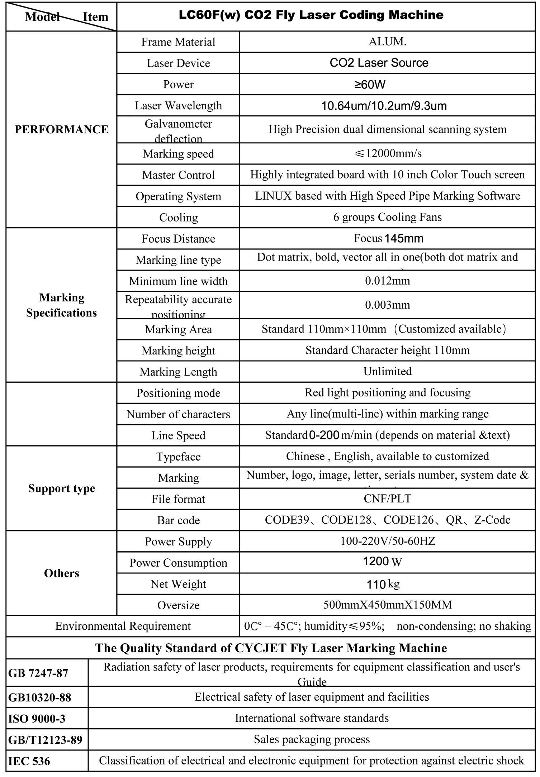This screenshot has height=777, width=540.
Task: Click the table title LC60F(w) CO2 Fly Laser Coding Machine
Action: [311, 15]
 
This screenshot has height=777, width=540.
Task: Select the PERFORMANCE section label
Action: [61, 129]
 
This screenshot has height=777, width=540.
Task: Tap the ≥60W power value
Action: [370, 85]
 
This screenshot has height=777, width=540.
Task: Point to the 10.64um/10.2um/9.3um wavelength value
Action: [384, 106]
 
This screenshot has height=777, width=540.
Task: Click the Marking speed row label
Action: [178, 154]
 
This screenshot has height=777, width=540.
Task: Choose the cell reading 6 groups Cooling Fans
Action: [387, 217]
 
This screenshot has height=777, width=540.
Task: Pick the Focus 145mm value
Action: [388, 238]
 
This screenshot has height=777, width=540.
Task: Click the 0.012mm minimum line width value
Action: [387, 281]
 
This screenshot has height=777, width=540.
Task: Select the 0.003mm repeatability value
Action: [387, 305]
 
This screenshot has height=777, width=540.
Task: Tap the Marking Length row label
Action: [178, 372]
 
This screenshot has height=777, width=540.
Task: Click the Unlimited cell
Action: [387, 371]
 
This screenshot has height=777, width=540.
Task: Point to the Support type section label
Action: [61, 488]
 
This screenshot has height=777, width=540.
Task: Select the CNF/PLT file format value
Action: [387, 499]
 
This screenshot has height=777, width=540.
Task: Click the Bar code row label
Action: [178, 520]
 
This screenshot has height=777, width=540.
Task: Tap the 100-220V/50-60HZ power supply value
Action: [387, 541]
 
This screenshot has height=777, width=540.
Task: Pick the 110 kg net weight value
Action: [383, 585]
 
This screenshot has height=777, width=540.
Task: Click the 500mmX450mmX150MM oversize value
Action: [387, 605]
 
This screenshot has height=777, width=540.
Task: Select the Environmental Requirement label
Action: [123, 626]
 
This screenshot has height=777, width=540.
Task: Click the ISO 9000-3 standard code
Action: [37, 719]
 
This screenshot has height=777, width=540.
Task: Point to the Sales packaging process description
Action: [312, 739]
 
